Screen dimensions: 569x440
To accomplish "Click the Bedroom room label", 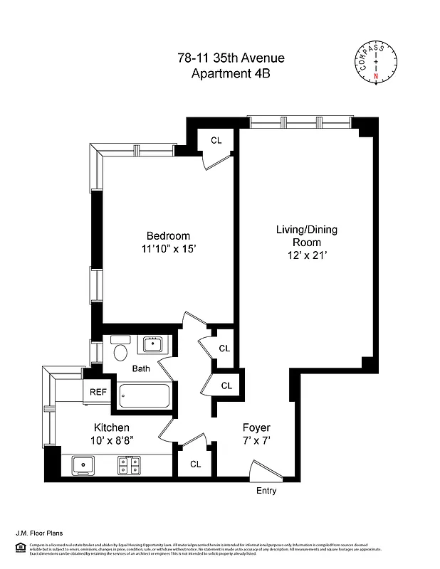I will pos(168,236).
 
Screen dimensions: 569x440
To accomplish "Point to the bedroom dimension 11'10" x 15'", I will pos(168,249).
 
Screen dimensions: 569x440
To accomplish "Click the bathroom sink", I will pos(152,345).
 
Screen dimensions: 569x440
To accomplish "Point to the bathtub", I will pos(145,395).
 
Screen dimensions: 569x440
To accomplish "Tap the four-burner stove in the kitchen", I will pos(128,466).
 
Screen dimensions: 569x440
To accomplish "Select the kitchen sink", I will pos(85,466).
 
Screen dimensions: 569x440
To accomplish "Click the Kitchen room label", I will pos(112,427).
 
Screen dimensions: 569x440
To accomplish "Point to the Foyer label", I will pos(256,427).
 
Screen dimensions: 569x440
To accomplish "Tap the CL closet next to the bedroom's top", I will pos(216,140).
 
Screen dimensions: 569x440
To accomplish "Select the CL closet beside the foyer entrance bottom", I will pos(195,464).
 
